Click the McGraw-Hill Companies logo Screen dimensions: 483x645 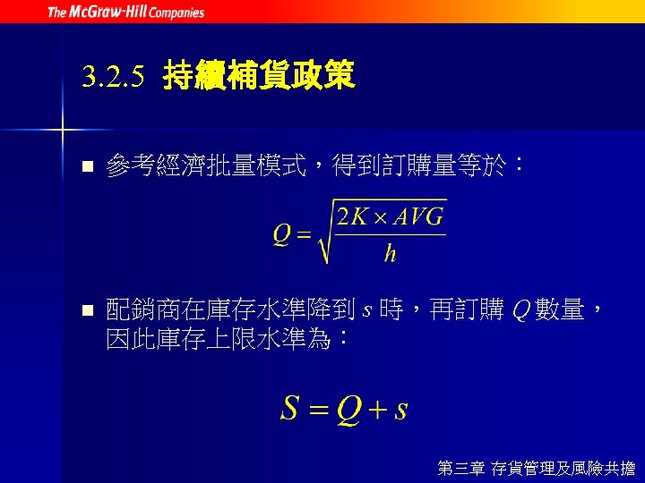[x=125, y=12]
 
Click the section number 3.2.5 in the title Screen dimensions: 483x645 [x=112, y=78]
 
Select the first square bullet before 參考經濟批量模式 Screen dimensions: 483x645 [x=86, y=166]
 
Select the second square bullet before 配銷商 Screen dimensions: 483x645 [x=86, y=311]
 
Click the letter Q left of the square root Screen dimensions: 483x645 [x=281, y=235]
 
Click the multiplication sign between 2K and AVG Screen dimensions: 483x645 [x=378, y=217]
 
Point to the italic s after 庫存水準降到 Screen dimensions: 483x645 [x=366, y=311]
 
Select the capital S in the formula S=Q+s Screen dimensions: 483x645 [x=289, y=409]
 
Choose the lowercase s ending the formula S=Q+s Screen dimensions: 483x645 [x=400, y=411]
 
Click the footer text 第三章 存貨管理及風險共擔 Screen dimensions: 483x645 [x=536, y=467]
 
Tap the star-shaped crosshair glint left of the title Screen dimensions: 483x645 [x=64, y=130]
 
